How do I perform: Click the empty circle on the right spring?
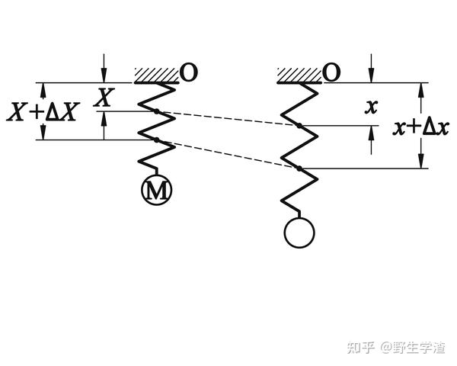tap(298, 233)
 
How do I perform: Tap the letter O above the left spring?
tap(190, 72)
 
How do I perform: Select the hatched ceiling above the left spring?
tap(156, 75)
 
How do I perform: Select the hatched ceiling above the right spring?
tap(299, 75)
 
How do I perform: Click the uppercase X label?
tap(107, 97)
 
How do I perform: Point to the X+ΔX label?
tap(43, 111)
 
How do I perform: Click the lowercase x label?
tap(371, 107)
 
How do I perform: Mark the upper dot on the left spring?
tap(156, 112)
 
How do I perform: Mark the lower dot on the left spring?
tap(156, 140)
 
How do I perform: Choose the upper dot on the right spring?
tap(299, 126)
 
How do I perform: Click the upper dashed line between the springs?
tap(228, 119)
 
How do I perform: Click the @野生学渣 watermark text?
tap(415, 347)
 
